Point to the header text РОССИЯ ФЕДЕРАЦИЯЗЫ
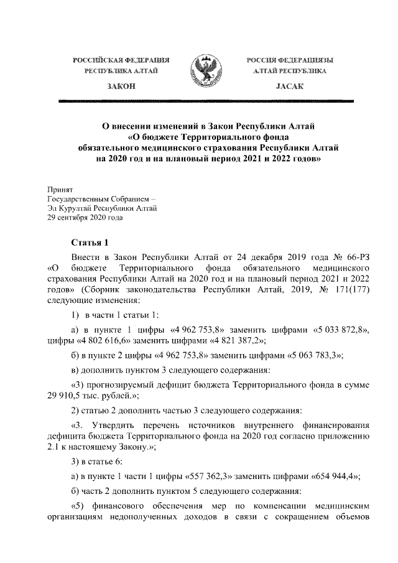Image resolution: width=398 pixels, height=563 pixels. (289, 60)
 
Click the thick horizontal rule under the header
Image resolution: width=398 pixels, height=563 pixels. (199, 100)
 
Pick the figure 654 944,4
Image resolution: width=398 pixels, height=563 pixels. (336, 476)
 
